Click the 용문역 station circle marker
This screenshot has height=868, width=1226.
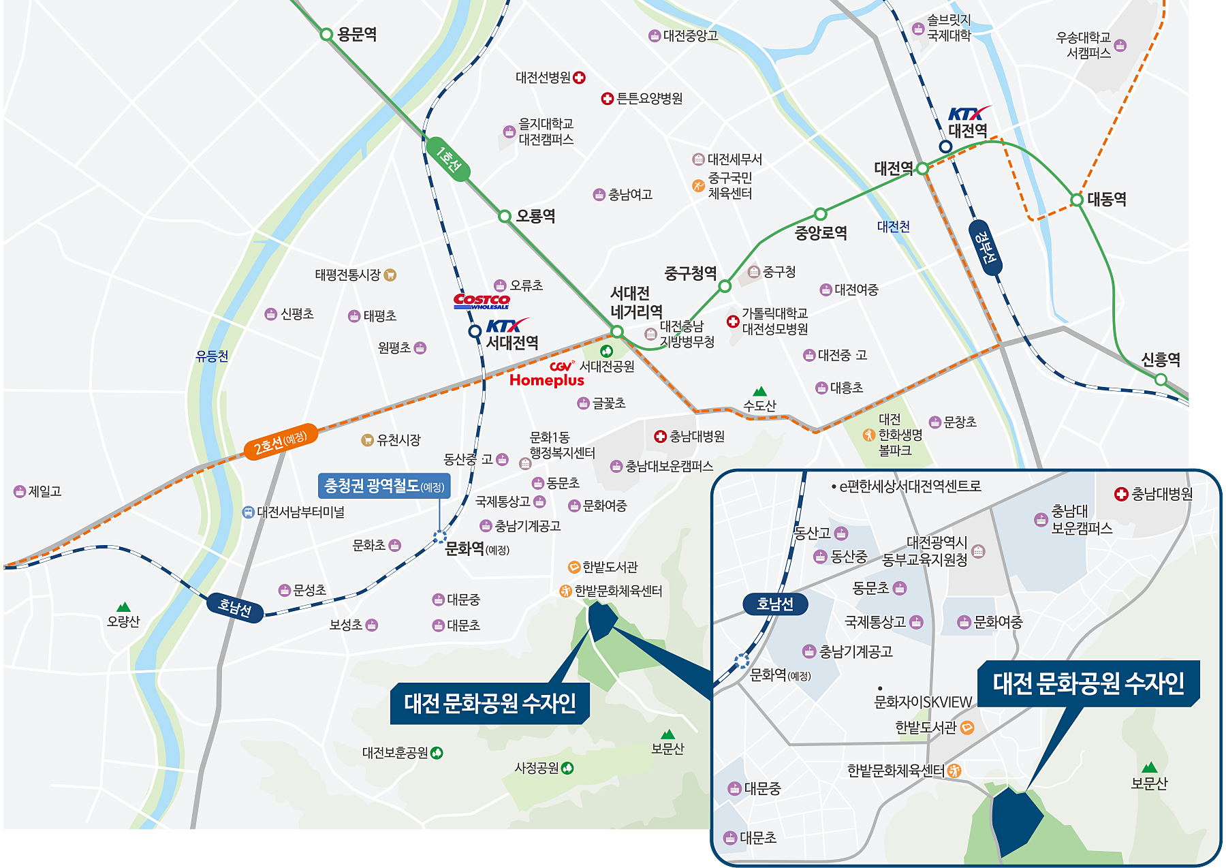326,34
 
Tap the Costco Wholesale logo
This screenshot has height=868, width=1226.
482,300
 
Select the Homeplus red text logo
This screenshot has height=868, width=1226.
546,380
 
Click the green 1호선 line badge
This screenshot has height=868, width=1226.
447,159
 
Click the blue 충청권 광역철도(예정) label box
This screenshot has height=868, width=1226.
384,486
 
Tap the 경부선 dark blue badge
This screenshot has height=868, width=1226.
986,247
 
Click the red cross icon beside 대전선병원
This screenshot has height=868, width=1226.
579,78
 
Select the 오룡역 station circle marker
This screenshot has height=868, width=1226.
504,216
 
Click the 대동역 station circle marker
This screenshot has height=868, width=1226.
1076,200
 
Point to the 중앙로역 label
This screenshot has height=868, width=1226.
821,233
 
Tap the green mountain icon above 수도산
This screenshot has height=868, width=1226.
760,391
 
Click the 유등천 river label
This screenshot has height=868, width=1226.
212,356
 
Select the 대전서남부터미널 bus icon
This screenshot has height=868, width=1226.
249,512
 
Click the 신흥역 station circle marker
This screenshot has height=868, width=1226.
1161,379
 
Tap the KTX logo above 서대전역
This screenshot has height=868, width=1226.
506,325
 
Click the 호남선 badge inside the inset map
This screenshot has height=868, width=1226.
775,604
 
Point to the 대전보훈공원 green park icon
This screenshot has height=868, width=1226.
437,753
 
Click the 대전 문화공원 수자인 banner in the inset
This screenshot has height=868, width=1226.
1088,683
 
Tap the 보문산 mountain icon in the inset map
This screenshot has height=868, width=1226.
1150,767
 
